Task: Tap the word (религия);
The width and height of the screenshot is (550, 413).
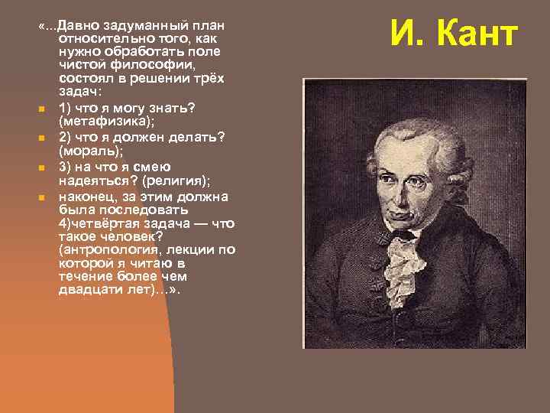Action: [175, 181]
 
